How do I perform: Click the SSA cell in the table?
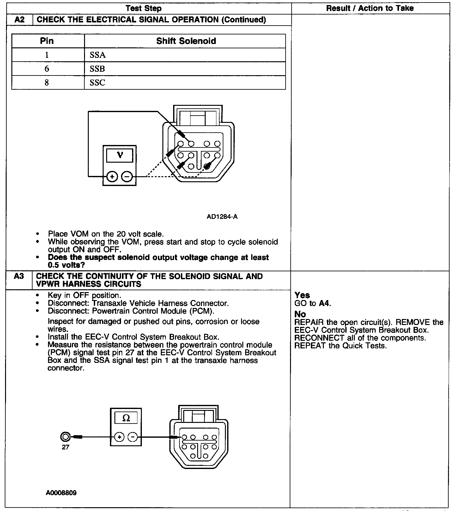tap(98, 55)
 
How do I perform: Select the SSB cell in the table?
tap(97, 69)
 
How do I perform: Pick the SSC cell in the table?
tap(97, 83)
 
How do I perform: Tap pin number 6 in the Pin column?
tap(47, 69)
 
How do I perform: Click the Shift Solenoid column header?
tap(186, 41)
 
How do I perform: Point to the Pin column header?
tap(47, 41)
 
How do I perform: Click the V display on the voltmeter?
tap(120, 155)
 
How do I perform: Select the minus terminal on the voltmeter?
tap(127, 177)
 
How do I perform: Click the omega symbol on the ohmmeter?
tap(126, 418)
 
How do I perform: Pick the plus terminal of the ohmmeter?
tap(119, 437)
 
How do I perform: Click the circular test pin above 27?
tap(65, 437)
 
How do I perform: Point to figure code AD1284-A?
tap(222, 217)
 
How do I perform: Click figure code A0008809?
tap(61, 493)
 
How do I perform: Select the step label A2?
tap(20, 20)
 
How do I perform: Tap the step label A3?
tap(19, 276)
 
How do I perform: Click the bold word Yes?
tap(302, 295)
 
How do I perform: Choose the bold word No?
tap(300, 314)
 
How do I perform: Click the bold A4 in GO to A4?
tap(324, 304)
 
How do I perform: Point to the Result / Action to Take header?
tap(370, 8)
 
